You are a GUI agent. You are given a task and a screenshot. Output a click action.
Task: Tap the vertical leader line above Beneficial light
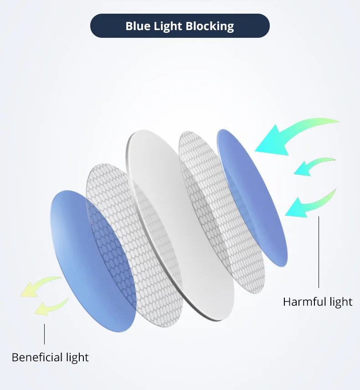(44, 334)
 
